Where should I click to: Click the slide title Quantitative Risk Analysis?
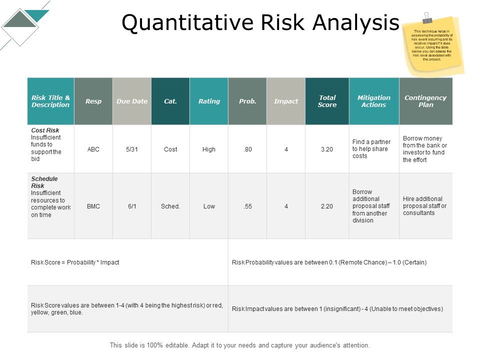[x=260, y=23]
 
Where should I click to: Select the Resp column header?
[x=93, y=101]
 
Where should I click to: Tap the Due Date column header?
[x=132, y=101]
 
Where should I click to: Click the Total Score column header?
[x=327, y=101]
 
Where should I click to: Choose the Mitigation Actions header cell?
[x=374, y=101]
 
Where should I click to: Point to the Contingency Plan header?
[x=426, y=101]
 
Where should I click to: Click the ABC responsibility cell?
[x=93, y=149]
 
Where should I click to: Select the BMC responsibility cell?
[x=93, y=206]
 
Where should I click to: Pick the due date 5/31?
[x=132, y=149]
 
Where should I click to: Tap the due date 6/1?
[x=132, y=206]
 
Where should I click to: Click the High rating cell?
[x=209, y=149]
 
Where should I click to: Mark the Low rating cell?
[x=209, y=206]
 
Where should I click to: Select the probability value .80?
[x=247, y=149]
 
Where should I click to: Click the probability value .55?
[x=247, y=206]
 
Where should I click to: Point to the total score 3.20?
[x=327, y=149]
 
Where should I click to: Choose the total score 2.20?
[x=327, y=206]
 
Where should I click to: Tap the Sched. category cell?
[x=170, y=206]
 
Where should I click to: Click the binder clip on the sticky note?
[x=426, y=18]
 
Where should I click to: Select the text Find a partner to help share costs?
[x=371, y=149]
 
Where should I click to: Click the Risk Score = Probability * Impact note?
[x=75, y=262]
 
